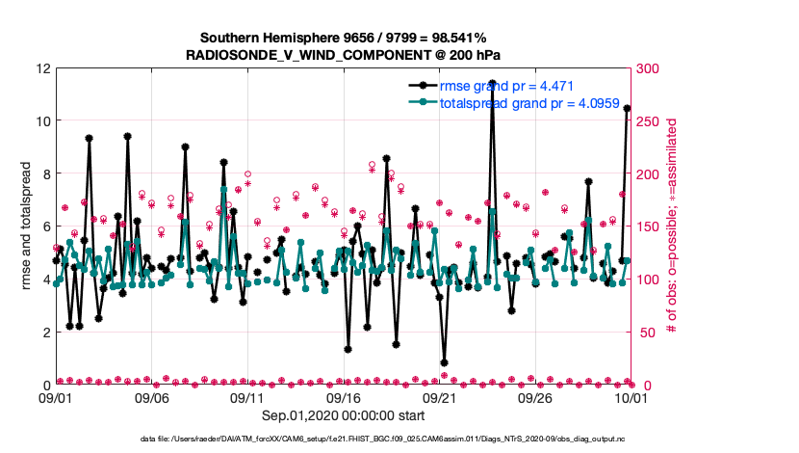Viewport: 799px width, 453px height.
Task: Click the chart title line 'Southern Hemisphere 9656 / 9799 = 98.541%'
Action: tap(342, 39)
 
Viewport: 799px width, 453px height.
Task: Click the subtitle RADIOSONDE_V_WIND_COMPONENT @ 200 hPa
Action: tap(342, 56)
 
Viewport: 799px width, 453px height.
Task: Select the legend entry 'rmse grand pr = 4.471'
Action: tap(506, 86)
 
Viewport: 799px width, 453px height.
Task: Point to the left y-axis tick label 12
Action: tap(43, 68)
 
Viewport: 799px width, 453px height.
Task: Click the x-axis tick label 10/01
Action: tap(631, 397)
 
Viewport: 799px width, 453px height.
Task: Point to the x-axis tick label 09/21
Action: tap(440, 397)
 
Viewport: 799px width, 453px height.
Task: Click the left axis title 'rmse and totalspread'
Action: tap(25, 226)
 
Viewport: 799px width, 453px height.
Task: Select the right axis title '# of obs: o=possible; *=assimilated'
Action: tap(673, 226)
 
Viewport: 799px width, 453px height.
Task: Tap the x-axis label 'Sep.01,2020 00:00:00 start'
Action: tap(344, 416)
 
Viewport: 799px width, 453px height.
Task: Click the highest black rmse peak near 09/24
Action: tap(492, 83)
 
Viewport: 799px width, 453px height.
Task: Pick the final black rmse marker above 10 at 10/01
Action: tap(627, 109)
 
